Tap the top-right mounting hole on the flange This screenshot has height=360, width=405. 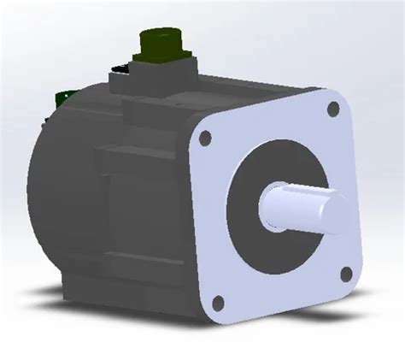pyautogui.click(x=333, y=109)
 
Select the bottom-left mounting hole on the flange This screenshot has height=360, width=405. pyautogui.click(x=217, y=301)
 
